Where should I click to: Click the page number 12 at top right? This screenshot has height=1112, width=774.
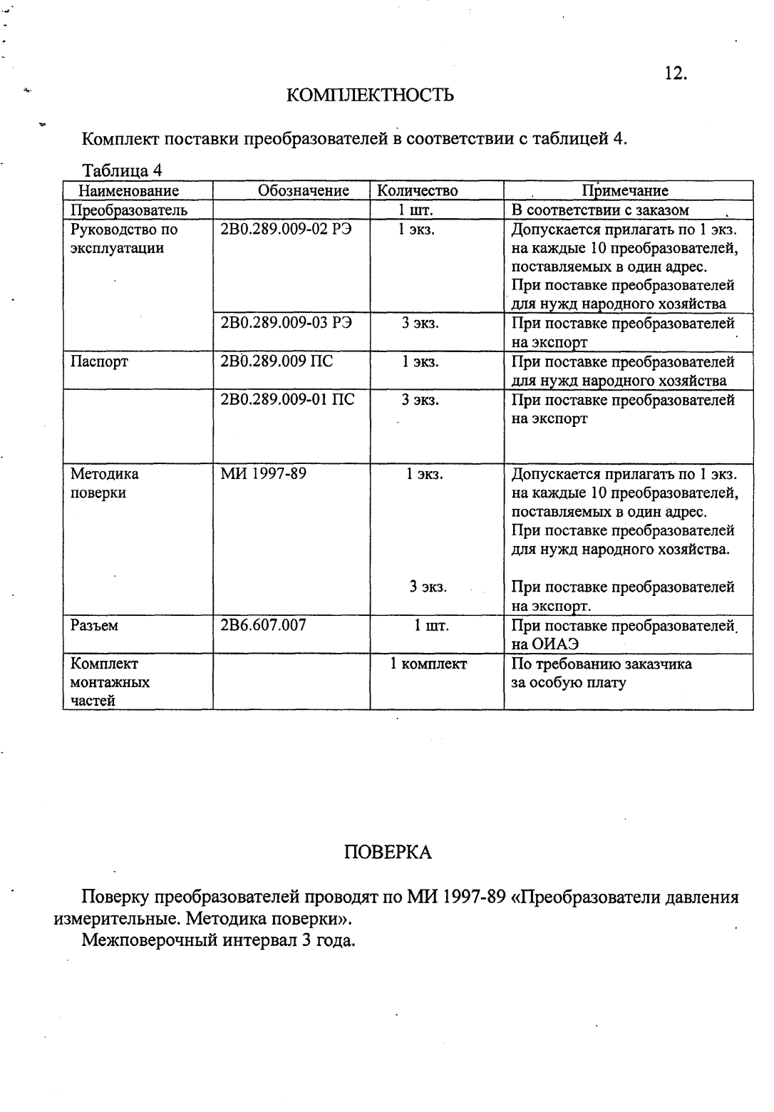click(674, 73)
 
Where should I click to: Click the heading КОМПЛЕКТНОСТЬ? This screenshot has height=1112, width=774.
click(370, 96)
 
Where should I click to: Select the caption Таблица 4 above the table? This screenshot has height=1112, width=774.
click(123, 171)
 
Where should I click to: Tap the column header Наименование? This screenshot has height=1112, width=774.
click(128, 191)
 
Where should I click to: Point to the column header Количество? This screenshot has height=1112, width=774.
click(417, 191)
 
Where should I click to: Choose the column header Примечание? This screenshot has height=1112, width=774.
click(624, 191)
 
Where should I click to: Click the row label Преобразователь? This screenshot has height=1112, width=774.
click(129, 210)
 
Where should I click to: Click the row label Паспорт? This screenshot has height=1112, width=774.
click(99, 361)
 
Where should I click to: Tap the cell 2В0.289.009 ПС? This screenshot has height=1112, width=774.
click(277, 361)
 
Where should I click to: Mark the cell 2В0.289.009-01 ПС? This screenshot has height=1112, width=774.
click(288, 400)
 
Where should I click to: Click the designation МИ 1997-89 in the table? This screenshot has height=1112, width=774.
click(264, 474)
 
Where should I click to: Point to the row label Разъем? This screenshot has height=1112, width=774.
click(94, 625)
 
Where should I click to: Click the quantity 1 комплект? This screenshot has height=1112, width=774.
click(428, 664)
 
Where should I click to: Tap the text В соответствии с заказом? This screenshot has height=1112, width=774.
click(600, 210)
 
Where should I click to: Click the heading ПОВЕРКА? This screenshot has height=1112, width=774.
click(388, 853)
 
